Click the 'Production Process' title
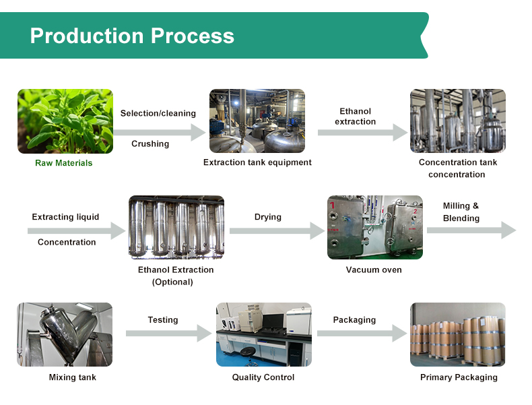coord(132,36)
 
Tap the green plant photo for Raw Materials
coord(65,121)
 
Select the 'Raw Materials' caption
coord(64,163)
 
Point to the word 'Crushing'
coord(150,144)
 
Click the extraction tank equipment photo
coord(257,121)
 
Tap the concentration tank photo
coord(458,121)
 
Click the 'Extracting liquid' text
coord(65,217)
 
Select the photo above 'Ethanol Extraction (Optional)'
coord(176,228)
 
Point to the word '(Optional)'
coord(172,282)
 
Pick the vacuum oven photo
coord(374,228)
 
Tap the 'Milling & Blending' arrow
coord(471,230)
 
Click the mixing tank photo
coord(65,334)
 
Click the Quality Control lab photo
coord(263,334)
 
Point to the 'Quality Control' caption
coord(263,377)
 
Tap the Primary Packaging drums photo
coord(458,334)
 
